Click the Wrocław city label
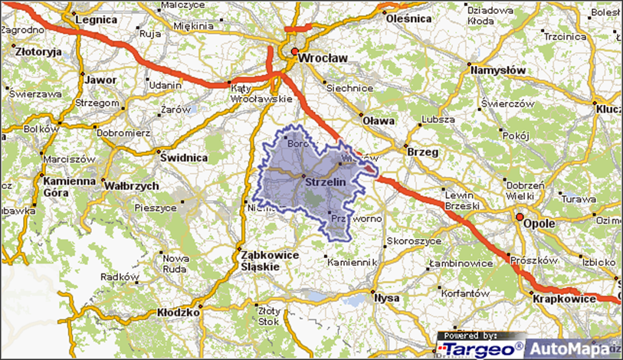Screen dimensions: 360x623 323,57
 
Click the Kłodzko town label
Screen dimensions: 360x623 178,313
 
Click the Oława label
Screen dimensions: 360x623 379,120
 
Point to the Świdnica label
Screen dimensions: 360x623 185,157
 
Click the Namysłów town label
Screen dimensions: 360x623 499,70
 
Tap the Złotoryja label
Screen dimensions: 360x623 38,52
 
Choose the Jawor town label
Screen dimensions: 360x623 101,79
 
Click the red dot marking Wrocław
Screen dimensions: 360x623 293,52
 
